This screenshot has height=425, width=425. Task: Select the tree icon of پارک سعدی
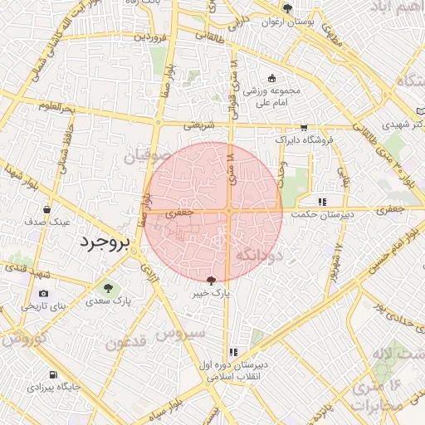coord(106,287)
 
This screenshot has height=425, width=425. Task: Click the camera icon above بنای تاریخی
coord(43,294)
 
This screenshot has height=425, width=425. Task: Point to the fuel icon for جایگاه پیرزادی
coord(53,375)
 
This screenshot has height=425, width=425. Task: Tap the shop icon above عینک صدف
coord(46,209)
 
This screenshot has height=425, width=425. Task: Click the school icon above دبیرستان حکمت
coord(323,201)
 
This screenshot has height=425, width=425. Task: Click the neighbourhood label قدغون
coord(126,341)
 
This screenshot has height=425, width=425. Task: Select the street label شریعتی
coord(198,125)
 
